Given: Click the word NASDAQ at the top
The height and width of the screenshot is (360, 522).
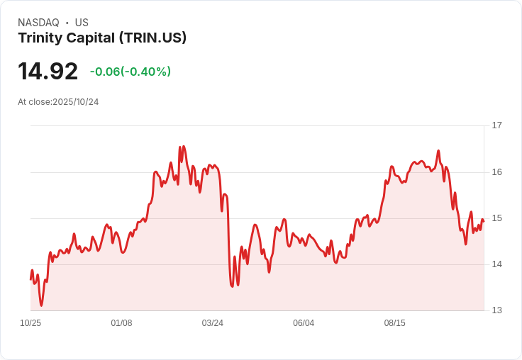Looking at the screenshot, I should click(x=38, y=23).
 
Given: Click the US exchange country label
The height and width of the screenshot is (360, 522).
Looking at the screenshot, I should click(x=82, y=23).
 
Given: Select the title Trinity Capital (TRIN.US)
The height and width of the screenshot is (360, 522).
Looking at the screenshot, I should click(x=102, y=38).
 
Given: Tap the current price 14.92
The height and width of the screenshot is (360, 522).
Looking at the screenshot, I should click(x=48, y=72).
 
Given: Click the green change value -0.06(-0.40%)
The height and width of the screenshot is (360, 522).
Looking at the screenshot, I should click(x=130, y=72).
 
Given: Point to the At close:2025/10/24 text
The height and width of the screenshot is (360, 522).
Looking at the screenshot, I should click(x=58, y=102).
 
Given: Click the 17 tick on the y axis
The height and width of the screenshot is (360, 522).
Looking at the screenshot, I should click(x=496, y=125).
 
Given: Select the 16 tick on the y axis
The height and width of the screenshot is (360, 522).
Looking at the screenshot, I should click(x=496, y=172).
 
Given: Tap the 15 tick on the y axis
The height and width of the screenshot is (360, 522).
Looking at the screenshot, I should click(x=496, y=218).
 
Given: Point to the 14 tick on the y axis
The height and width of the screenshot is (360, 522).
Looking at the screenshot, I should click(x=496, y=264).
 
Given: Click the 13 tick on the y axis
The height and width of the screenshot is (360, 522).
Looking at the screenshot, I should click(x=496, y=310).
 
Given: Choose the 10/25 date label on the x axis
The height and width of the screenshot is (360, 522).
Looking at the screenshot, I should click(x=30, y=323).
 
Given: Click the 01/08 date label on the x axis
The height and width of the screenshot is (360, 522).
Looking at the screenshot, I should click(x=121, y=323).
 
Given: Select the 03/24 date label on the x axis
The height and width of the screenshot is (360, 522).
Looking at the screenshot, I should click(x=213, y=323).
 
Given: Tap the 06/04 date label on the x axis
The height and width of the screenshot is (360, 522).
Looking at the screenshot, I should click(x=304, y=323).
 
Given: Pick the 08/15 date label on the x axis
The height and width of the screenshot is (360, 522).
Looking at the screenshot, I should click(x=394, y=323).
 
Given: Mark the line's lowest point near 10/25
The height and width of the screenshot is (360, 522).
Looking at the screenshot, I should click(x=41, y=305).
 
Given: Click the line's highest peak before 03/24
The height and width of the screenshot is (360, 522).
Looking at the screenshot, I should click(x=180, y=146).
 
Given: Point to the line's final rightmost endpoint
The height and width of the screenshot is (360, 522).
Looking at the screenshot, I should click(x=483, y=220).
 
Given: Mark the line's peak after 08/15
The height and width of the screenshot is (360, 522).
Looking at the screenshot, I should click(x=438, y=151).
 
